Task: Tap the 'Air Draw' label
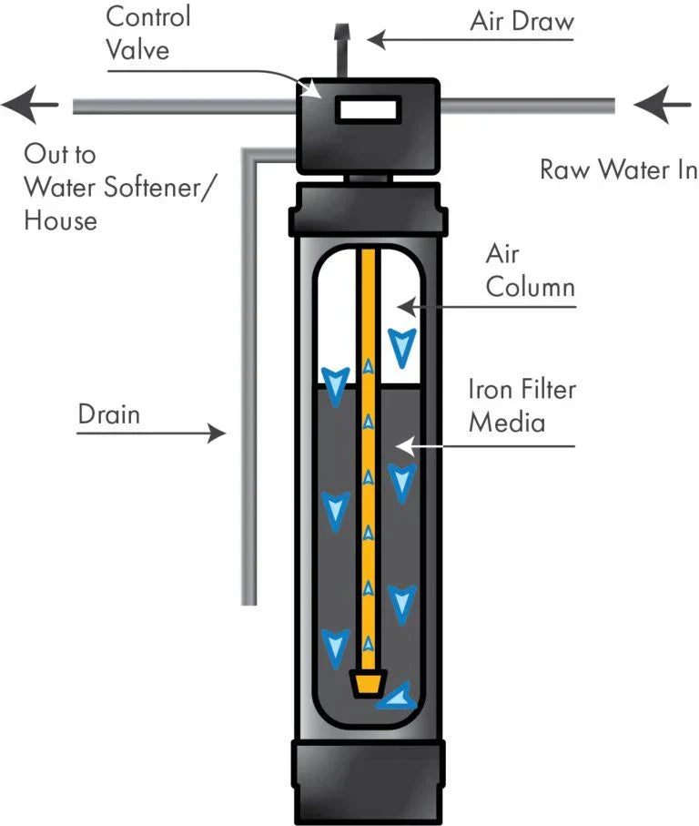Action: pos(522,22)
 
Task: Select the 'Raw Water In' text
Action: pos(618,169)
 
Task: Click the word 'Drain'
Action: pos(109,415)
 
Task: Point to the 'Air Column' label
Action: pos(530,271)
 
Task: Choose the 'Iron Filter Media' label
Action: pos(522,405)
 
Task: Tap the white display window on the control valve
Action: pos(367,109)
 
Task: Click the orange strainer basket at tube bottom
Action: pos(368,682)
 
